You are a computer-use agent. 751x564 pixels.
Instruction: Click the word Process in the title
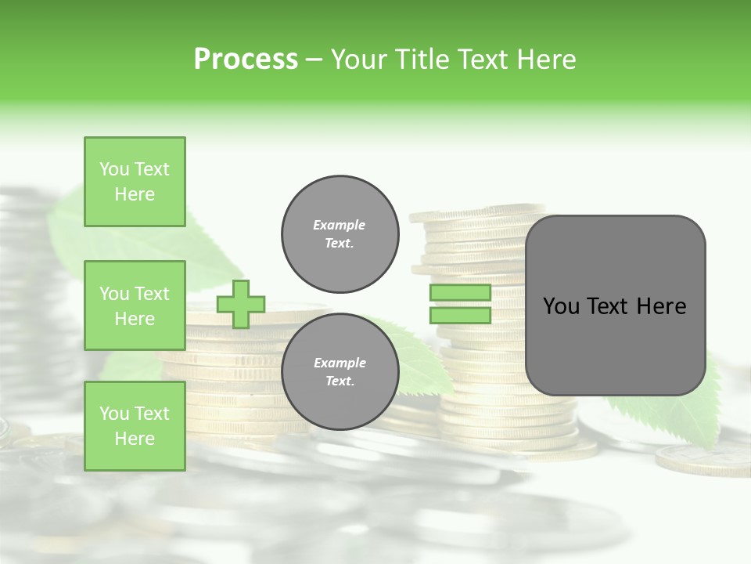click(246, 60)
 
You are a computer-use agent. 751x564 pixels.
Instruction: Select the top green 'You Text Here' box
click(135, 182)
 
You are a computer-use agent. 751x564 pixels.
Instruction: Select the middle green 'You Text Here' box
click(135, 305)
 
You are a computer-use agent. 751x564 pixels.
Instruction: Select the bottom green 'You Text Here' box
click(135, 426)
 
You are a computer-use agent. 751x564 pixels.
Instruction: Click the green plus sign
click(241, 304)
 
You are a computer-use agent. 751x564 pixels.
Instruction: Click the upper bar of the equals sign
click(460, 292)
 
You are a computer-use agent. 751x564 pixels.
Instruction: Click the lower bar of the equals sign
click(460, 316)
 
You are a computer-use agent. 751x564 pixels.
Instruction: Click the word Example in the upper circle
click(339, 225)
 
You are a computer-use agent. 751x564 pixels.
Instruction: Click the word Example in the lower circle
click(339, 363)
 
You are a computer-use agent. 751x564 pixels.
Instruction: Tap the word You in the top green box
click(114, 169)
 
